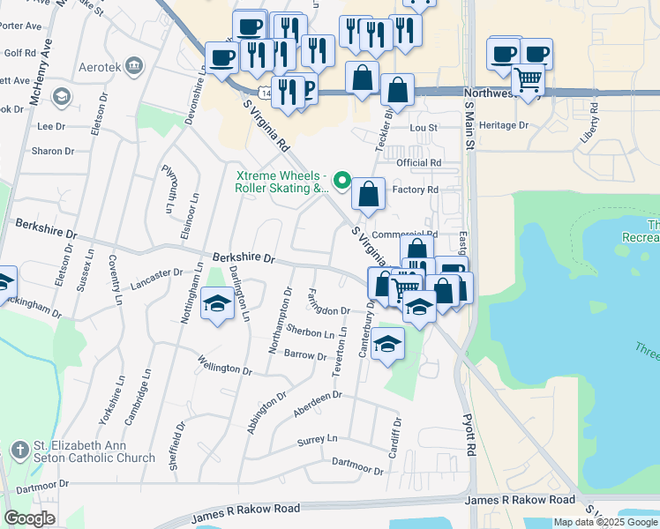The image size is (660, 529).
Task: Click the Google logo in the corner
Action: tap(29, 518)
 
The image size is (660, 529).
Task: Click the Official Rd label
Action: tap(419, 163)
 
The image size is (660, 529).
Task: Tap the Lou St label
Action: tap(424, 128)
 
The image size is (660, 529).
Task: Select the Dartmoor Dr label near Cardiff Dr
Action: tap(357, 466)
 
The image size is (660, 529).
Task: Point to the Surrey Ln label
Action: tap(318, 440)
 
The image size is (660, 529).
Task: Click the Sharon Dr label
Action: tap(47, 152)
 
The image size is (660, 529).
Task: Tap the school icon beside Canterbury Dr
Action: tap(387, 342)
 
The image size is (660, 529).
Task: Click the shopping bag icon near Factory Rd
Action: tap(369, 192)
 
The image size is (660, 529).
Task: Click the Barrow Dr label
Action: tap(306, 354)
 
